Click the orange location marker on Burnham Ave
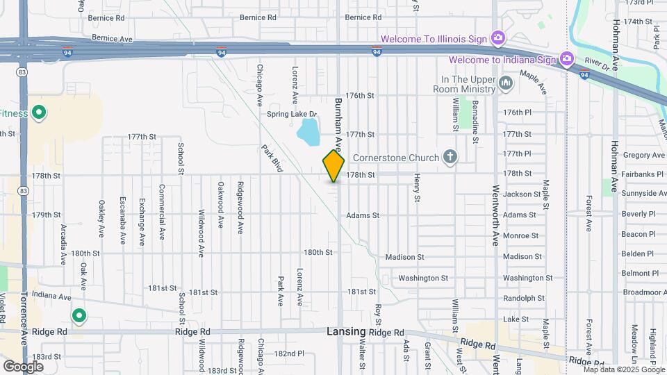pyautogui.click(x=333, y=165)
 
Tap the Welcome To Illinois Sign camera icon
pyautogui.click(x=497, y=37)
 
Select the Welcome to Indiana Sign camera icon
pyautogui.click(x=567, y=59)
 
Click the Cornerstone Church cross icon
pyautogui.click(x=450, y=158)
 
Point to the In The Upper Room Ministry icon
pyautogui.click(x=506, y=85)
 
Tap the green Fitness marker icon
pyautogui.click(x=40, y=112)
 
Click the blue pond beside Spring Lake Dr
pyautogui.click(x=307, y=130)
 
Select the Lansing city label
pyautogui.click(x=346, y=333)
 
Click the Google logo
pyautogui.click(x=23, y=366)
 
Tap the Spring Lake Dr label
pyautogui.click(x=292, y=114)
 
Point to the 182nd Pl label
pyautogui.click(x=289, y=353)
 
